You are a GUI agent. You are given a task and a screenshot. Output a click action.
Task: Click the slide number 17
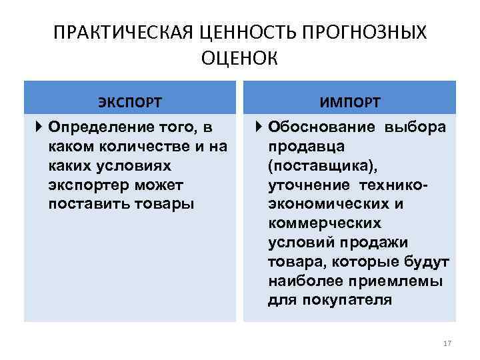pyautogui.click(x=447, y=343)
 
